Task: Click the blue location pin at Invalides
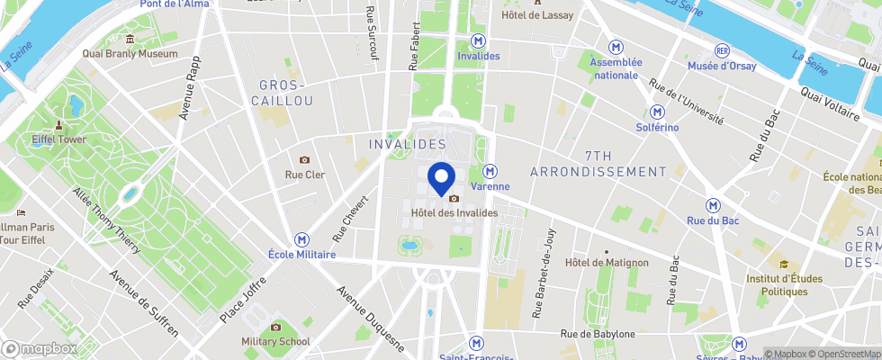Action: pyautogui.click(x=440, y=175)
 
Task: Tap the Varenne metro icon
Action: pyautogui.click(x=490, y=171)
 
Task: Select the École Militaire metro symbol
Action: pyautogui.click(x=301, y=240)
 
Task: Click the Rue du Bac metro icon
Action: pyautogui.click(x=713, y=206)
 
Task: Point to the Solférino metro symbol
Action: pyautogui.click(x=659, y=112)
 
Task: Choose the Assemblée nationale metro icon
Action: pyautogui.click(x=616, y=47)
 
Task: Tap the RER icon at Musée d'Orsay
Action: pyautogui.click(x=721, y=50)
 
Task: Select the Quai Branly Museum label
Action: pyautogui.click(x=130, y=54)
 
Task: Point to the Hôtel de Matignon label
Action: pyautogui.click(x=607, y=263)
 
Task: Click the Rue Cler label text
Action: pyautogui.click(x=305, y=175)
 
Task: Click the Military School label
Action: pyautogui.click(x=275, y=341)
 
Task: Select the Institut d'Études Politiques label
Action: pyautogui.click(x=784, y=284)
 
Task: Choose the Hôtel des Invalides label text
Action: pyautogui.click(x=454, y=212)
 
